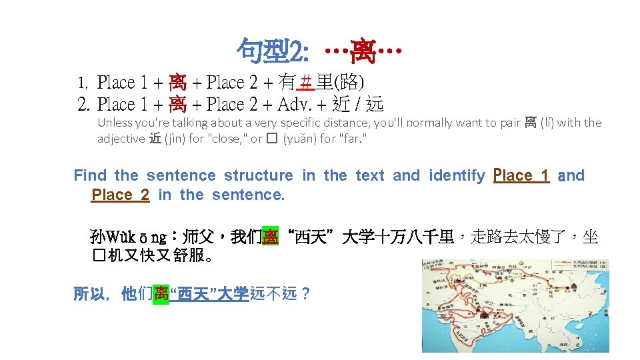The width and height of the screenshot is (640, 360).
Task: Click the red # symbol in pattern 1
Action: (306, 83)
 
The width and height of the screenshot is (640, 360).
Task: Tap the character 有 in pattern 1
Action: (287, 83)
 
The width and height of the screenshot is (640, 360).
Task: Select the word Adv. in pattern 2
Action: (296, 104)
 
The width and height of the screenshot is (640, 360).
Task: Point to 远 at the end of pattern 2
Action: (375, 104)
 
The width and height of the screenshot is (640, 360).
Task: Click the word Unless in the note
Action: (114, 123)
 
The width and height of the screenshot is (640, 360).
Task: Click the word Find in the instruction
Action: (90, 175)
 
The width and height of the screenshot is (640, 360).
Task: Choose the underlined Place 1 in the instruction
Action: (521, 175)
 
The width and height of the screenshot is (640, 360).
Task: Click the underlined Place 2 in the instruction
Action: (120, 195)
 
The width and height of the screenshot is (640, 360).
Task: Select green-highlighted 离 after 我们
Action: (269, 237)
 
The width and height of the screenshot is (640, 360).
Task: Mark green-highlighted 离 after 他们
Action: (161, 294)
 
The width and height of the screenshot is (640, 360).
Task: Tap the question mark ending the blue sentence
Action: (305, 294)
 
